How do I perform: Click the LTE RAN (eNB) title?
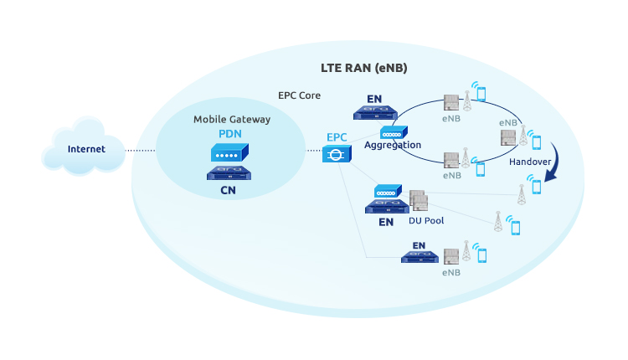(x=364, y=67)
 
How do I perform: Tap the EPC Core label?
(x=299, y=96)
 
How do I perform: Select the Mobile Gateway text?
(x=232, y=120)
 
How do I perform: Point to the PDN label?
(x=231, y=134)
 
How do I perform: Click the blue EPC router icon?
(x=336, y=153)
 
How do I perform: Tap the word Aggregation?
(x=392, y=146)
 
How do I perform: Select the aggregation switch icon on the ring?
(x=393, y=131)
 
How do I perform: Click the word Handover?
(x=530, y=160)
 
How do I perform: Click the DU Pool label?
(x=425, y=221)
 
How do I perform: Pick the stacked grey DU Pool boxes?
(x=418, y=201)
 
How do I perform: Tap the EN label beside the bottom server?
(x=419, y=246)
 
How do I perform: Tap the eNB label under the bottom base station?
(x=451, y=272)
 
